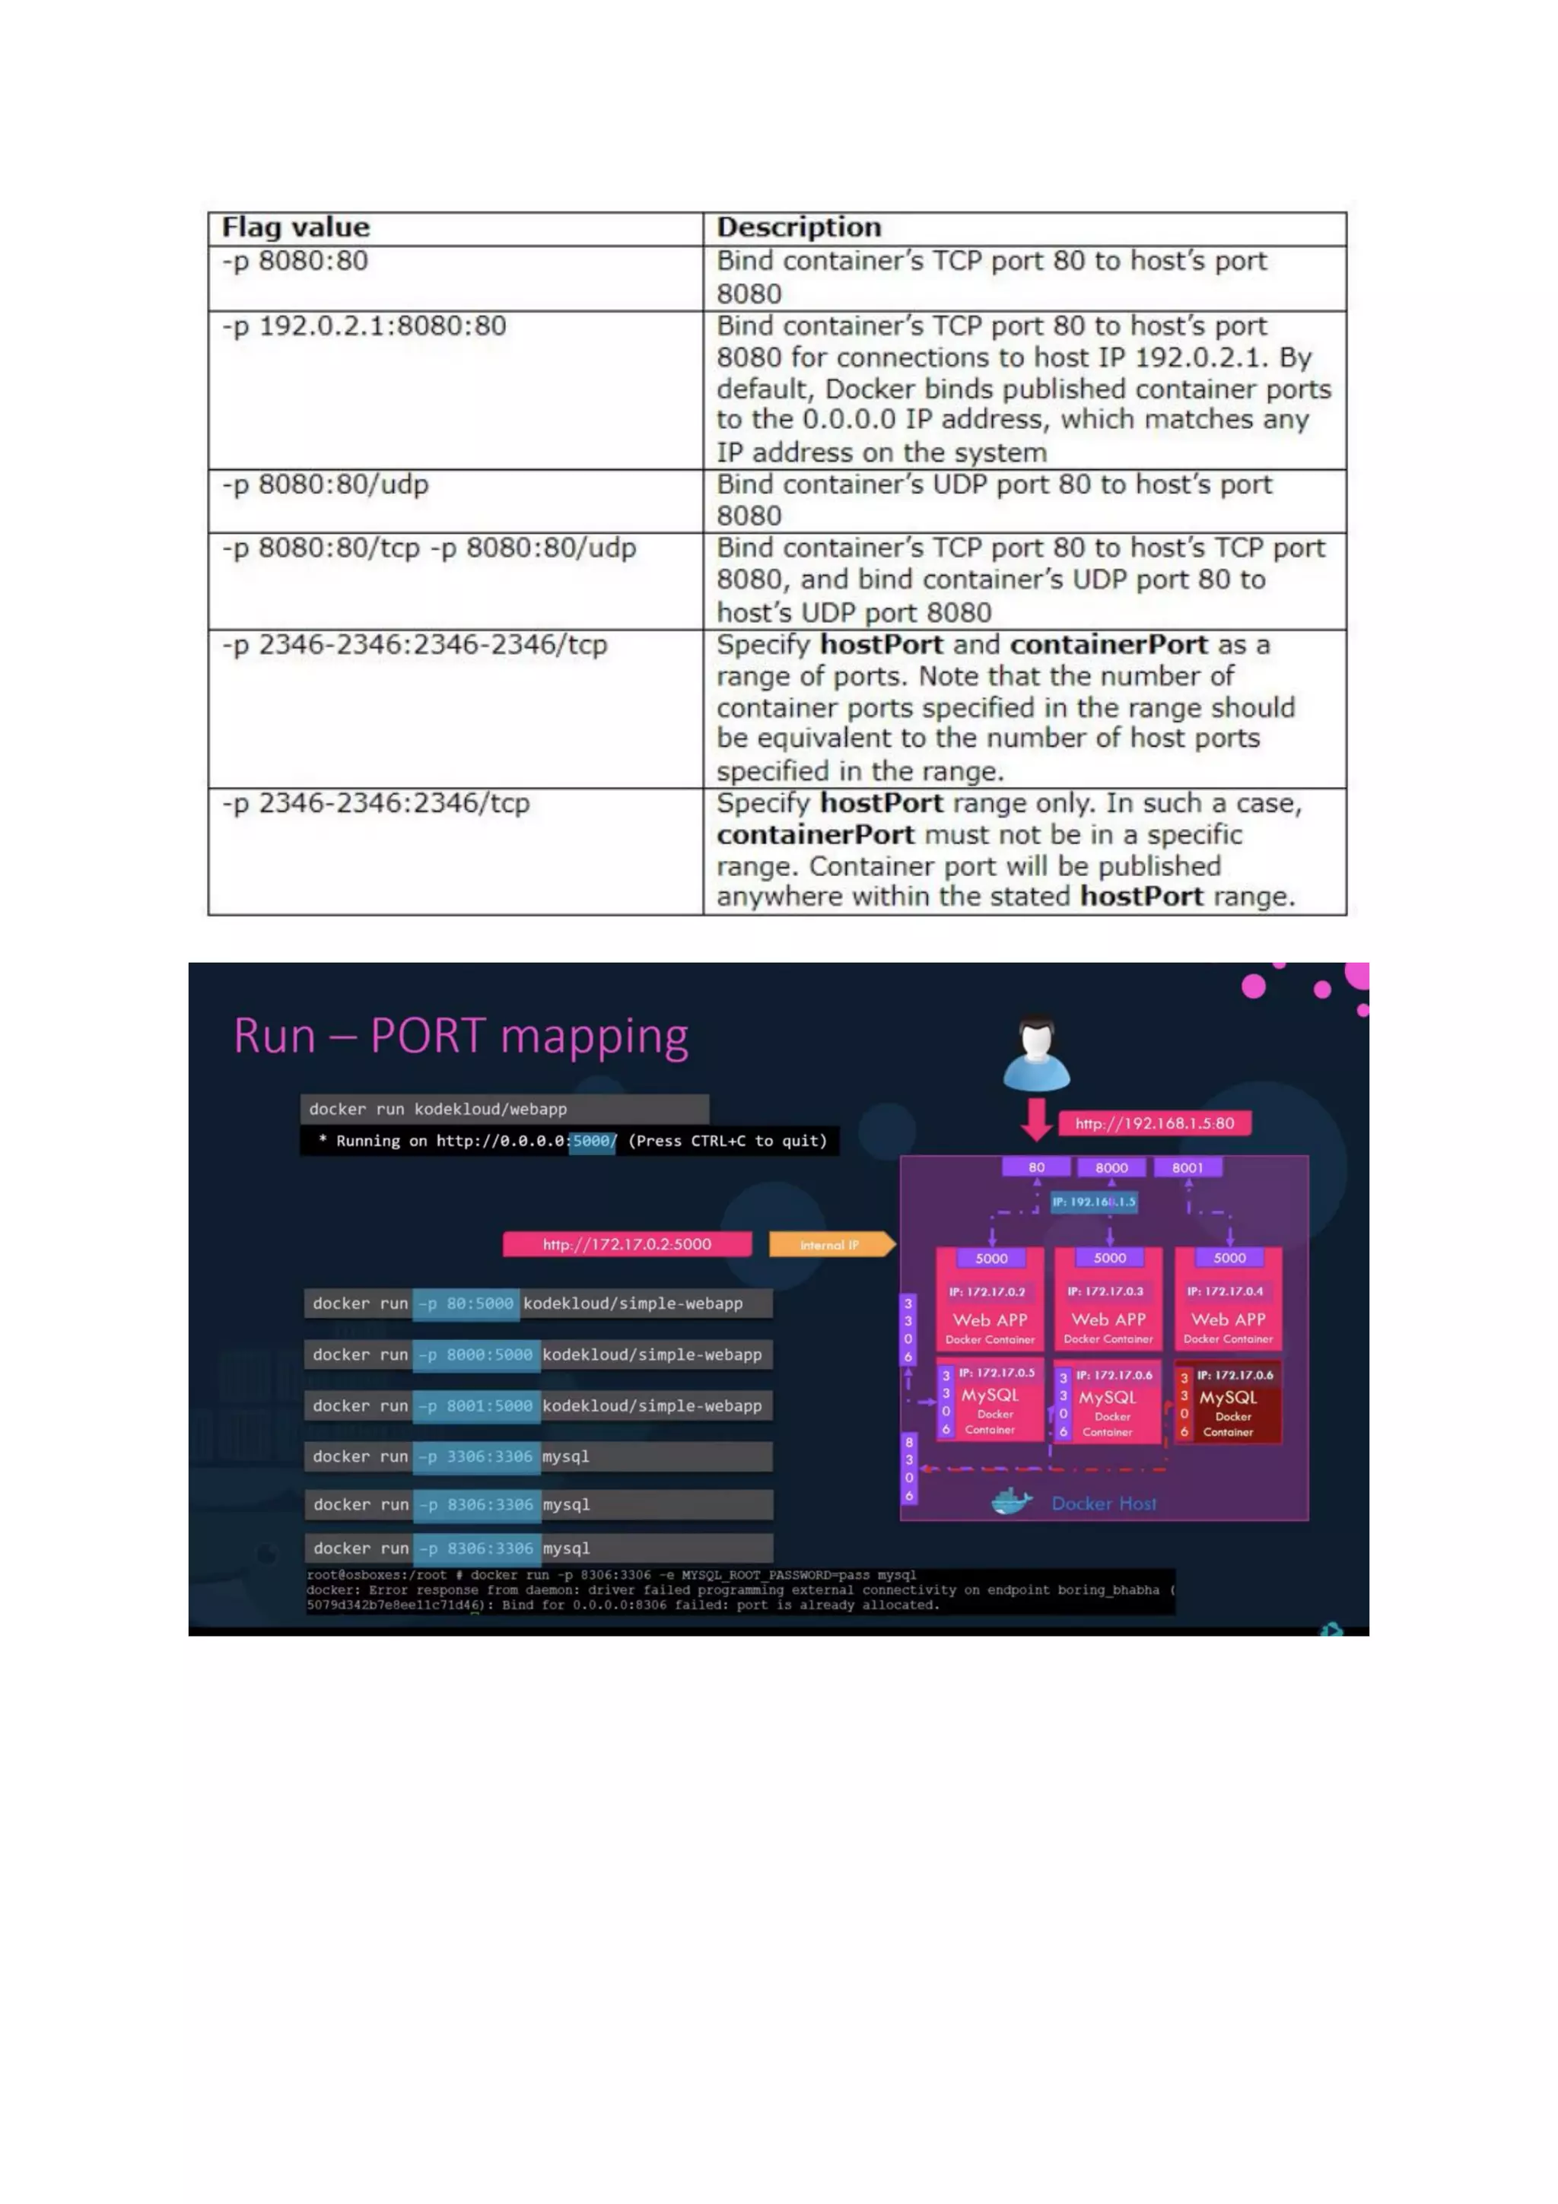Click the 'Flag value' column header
296,227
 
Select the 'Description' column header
799,227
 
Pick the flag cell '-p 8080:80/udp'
326,484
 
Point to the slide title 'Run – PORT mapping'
461,1037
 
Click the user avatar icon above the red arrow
1036,1053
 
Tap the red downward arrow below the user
1036,1119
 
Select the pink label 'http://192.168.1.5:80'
1154,1123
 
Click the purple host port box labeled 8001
1187,1167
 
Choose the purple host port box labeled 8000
1111,1167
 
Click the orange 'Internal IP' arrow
831,1245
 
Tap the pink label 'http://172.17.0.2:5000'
627,1244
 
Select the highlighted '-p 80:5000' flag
466,1304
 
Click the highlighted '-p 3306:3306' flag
476,1456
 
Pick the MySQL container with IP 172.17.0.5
990,1402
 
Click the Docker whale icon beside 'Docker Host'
1011,1502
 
